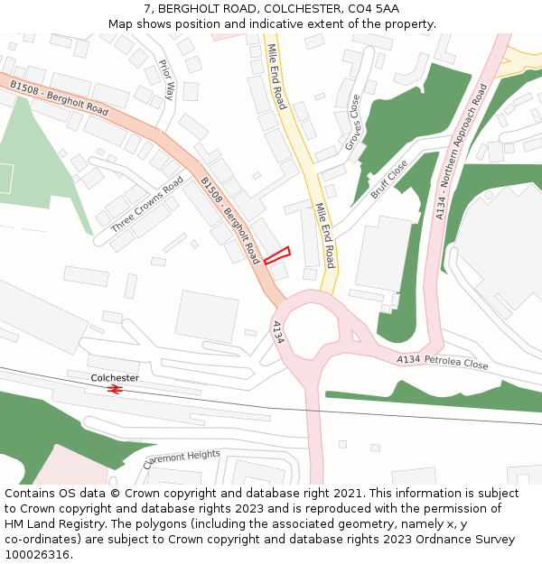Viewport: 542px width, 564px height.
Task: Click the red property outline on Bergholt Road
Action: coord(276,255)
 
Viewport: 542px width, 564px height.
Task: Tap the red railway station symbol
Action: coord(115,389)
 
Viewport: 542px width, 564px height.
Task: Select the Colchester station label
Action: coord(115,377)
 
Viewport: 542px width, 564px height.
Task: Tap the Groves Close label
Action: coord(352,123)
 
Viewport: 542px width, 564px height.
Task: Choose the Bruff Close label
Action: coord(389,180)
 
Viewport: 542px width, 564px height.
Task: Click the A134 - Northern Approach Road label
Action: coord(461,152)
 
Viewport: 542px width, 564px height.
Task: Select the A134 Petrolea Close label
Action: coord(443,362)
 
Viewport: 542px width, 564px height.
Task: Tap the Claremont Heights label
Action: coord(182,459)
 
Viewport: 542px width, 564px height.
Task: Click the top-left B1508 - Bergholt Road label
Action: coord(60,98)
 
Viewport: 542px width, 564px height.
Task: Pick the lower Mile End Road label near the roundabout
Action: coord(324,236)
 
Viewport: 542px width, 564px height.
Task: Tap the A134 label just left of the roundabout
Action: coord(278,331)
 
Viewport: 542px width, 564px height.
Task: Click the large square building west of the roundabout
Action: coord(207,316)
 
